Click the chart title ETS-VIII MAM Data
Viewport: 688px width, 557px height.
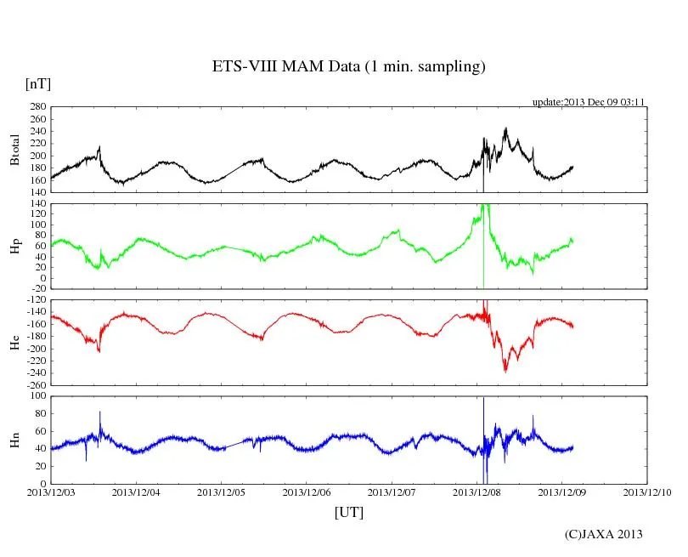coord(348,66)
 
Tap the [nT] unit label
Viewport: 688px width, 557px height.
coord(38,83)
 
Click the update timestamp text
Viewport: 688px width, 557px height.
coord(589,102)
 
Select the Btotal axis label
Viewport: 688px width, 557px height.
coord(14,150)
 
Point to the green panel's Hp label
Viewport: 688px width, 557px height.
coord(14,247)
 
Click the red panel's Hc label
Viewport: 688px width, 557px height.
coord(14,343)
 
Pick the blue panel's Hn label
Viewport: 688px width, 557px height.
coord(14,440)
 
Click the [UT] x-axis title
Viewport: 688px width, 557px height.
coord(348,512)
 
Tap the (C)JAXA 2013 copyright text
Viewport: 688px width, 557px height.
coord(603,534)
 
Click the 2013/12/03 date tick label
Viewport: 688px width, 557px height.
coord(51,492)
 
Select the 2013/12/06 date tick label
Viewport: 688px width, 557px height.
coord(307,492)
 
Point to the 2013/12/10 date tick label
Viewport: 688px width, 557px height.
coord(647,492)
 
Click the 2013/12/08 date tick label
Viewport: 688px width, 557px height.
coord(477,492)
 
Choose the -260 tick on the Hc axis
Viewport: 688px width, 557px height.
coord(34,384)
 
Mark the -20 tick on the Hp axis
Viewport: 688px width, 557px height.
coord(37,289)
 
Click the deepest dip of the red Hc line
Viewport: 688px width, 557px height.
coord(505,372)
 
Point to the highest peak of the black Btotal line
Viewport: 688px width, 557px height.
coord(506,128)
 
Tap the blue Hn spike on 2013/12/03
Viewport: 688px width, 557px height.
coord(100,412)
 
